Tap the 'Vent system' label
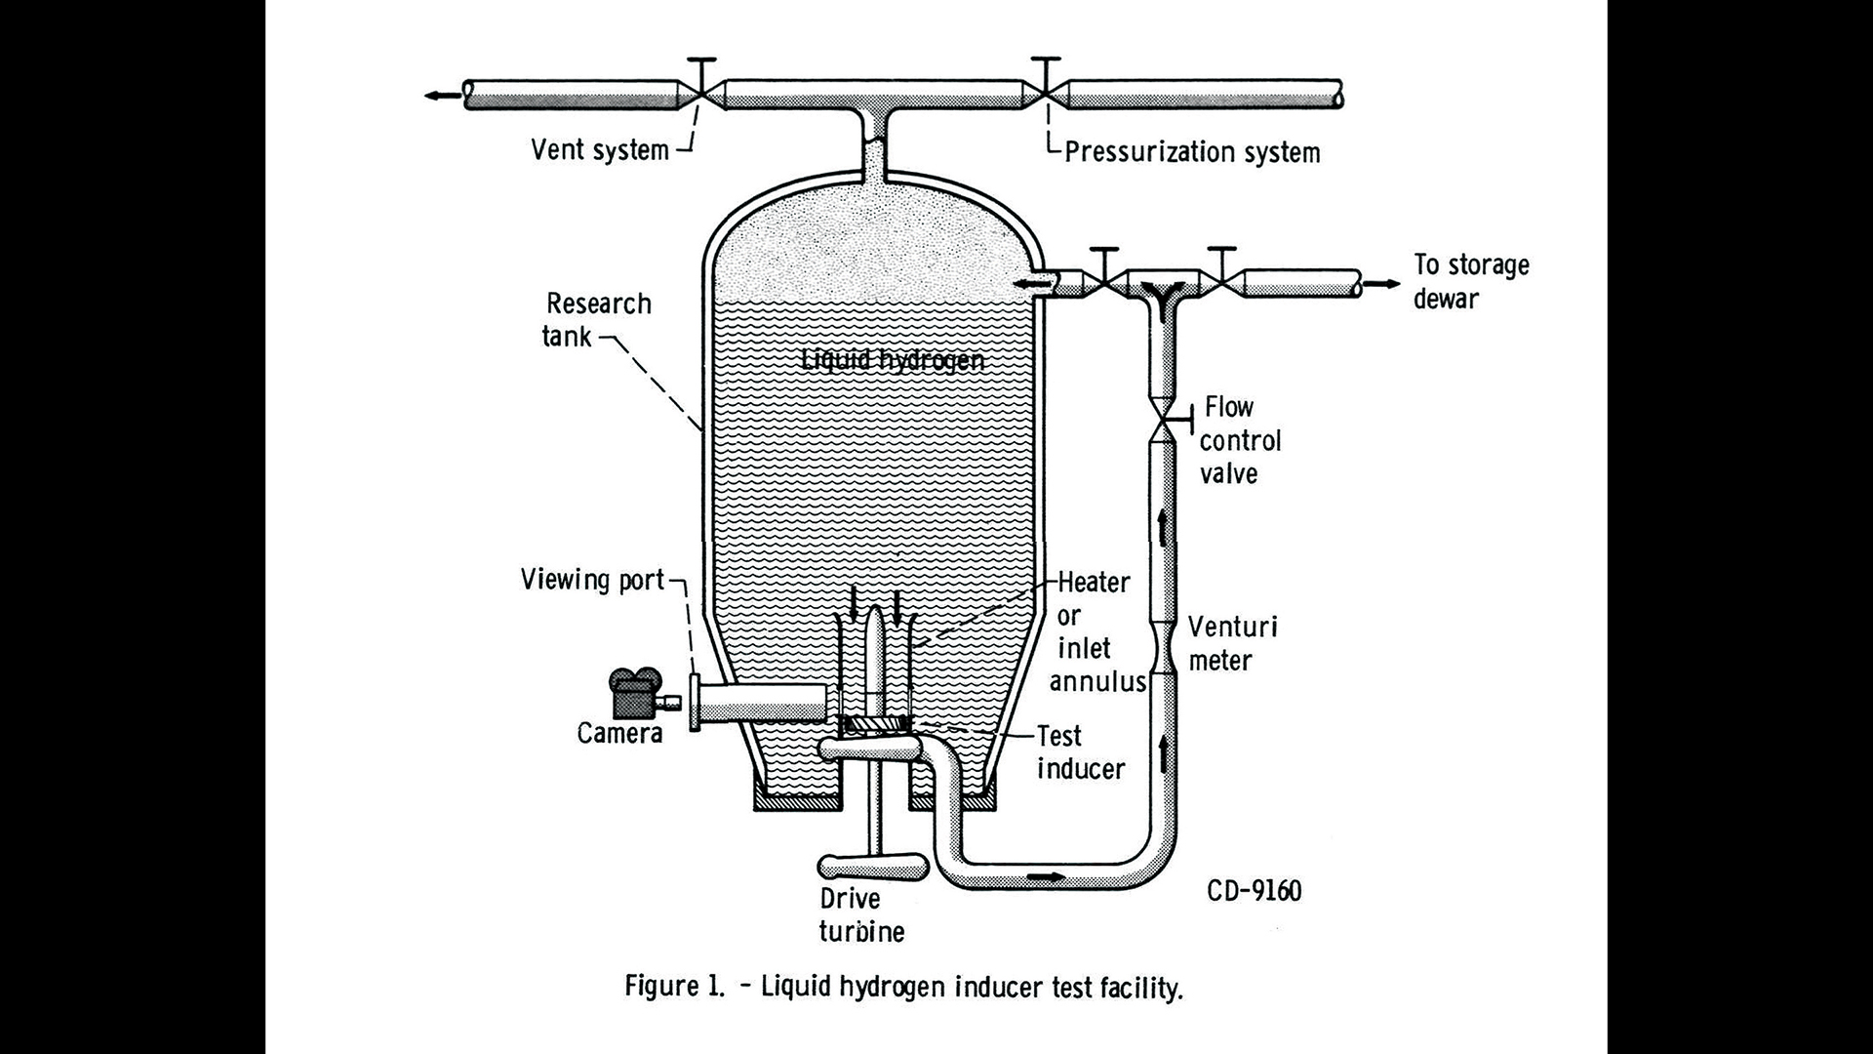click(x=600, y=149)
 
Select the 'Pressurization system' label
click(x=1192, y=152)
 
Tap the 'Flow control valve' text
click(x=1239, y=440)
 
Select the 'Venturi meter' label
click(x=1231, y=643)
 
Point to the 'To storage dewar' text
click(x=1471, y=281)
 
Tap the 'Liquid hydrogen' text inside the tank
click(x=893, y=360)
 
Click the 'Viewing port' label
click(x=592, y=580)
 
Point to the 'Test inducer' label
click(x=1080, y=751)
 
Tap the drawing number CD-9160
click(x=1254, y=891)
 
